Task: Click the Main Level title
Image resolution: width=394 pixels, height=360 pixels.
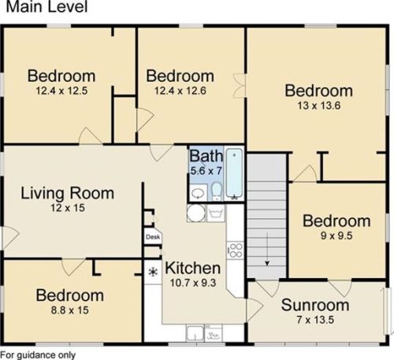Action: [46, 6]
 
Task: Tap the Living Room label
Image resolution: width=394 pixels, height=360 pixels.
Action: [68, 193]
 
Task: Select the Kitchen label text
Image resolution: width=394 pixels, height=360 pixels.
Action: [193, 268]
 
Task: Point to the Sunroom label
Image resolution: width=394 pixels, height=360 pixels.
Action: [315, 305]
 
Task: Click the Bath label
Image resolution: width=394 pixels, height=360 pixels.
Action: [206, 156]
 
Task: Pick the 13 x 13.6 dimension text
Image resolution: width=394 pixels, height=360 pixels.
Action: [319, 106]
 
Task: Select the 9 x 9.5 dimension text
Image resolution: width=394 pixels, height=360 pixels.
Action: [336, 236]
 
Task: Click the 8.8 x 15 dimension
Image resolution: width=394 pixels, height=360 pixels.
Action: [70, 310]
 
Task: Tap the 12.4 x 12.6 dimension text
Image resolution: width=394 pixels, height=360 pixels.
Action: [180, 91]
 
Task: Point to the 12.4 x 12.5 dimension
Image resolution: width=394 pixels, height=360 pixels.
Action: [61, 91]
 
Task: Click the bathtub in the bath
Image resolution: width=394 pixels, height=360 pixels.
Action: [234, 173]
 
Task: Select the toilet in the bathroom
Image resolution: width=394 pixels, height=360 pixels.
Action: [217, 191]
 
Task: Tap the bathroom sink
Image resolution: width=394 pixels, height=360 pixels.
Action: [198, 193]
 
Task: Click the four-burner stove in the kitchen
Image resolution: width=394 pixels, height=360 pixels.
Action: [236, 251]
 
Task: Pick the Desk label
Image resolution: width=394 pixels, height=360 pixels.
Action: [153, 237]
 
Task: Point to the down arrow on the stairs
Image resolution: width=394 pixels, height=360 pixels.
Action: [267, 250]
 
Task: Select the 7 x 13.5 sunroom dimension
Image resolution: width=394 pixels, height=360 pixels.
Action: [315, 320]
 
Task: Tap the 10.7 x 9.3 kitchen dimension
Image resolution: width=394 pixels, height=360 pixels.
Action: [193, 283]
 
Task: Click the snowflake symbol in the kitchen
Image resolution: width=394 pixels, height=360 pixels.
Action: [153, 272]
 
